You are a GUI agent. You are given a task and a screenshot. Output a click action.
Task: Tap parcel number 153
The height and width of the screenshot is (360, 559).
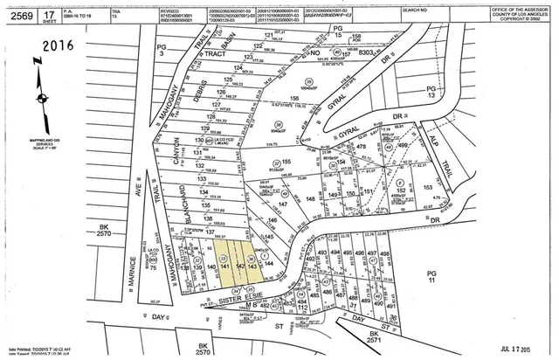click(428, 186)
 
